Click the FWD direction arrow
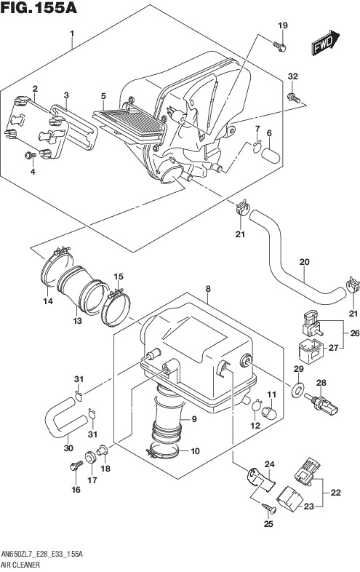pos(325,42)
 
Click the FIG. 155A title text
pos(39,7)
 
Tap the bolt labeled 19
pos(279,47)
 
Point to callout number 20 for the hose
pos(304,262)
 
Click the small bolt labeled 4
pos(30,156)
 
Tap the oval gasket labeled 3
pos(74,127)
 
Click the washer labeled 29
pos(298,390)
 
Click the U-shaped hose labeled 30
pos(65,417)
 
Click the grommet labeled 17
pos(89,457)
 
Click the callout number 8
pos(208,289)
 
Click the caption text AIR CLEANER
pos(21,565)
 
